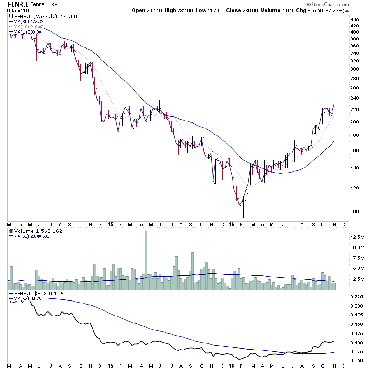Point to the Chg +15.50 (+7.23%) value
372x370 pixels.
[331, 10]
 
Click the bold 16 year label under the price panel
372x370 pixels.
[232, 224]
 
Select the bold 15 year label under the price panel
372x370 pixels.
[110, 224]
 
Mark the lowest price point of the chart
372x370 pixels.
[242, 217]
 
